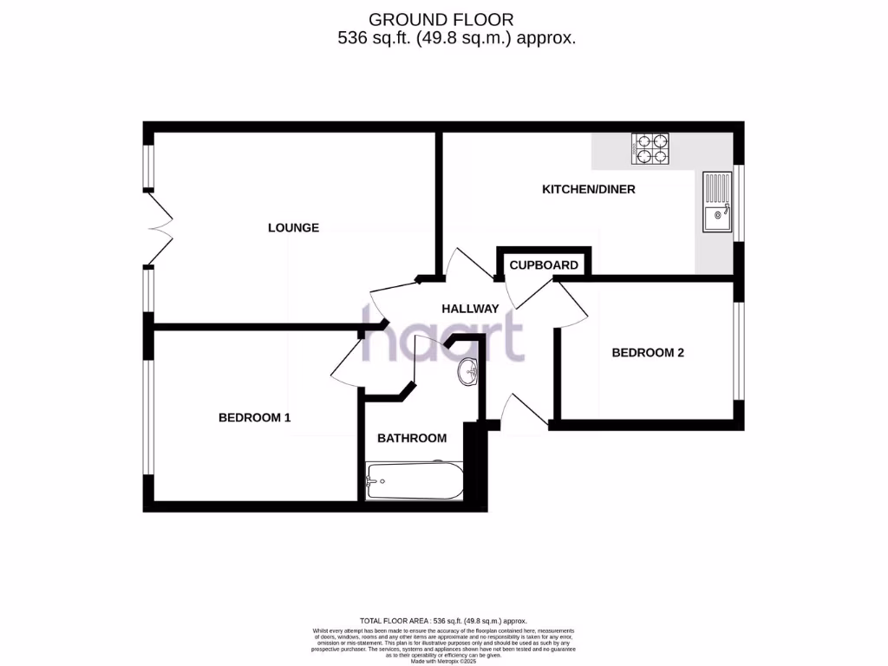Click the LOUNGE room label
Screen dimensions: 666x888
[293, 228]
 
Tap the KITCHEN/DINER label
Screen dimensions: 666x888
[588, 189]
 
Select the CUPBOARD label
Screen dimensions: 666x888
[544, 265]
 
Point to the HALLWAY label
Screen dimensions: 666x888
[470, 309]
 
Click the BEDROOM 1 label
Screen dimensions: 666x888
[254, 418]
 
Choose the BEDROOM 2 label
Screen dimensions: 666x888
[648, 353]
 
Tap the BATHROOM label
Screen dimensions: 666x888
[412, 438]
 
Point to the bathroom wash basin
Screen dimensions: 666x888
[469, 371]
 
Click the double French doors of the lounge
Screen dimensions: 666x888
[157, 229]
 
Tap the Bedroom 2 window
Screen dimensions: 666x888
[738, 351]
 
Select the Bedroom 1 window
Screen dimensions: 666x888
[149, 418]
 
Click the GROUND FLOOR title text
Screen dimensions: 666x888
[441, 19]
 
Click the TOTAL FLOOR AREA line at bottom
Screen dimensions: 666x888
[443, 621]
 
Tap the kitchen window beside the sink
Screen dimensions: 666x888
[738, 202]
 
